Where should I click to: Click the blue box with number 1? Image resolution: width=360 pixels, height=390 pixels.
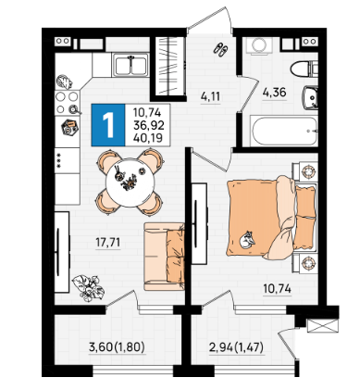108,125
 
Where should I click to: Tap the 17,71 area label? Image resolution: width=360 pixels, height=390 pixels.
108,243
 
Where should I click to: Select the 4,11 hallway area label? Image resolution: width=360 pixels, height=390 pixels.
210,97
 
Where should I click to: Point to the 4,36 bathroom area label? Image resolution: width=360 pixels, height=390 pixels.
274,93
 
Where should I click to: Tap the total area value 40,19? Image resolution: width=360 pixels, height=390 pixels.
148,138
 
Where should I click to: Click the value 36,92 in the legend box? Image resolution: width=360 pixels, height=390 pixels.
149,125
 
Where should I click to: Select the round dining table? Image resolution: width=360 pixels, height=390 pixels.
130,182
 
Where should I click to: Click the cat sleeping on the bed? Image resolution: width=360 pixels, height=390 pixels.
247,240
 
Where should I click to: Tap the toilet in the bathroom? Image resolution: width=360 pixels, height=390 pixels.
304,69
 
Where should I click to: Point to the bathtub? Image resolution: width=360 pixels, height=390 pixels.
284,131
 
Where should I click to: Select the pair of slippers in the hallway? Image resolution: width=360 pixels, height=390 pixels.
221,49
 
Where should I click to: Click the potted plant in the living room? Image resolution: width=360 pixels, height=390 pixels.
88,287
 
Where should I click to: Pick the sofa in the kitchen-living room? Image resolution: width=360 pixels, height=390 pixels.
164,257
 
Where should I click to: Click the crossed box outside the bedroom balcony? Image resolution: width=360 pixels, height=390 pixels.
323,325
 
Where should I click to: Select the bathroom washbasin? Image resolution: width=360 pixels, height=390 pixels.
310,97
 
